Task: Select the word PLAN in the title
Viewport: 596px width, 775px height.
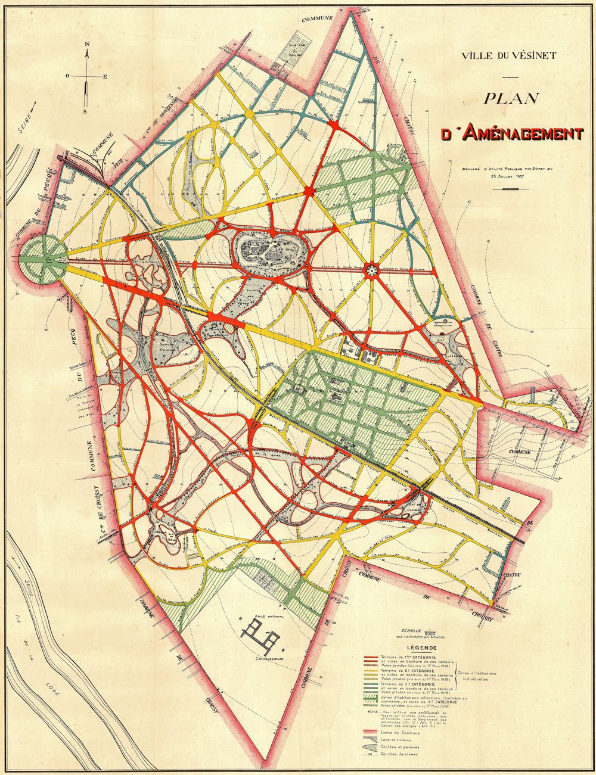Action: [511, 98]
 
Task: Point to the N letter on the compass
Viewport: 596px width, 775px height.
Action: [87, 45]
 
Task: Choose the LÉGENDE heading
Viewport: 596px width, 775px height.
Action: [421, 648]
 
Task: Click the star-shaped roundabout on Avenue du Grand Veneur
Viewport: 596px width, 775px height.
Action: [371, 270]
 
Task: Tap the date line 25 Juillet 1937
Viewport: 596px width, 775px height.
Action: [507, 176]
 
